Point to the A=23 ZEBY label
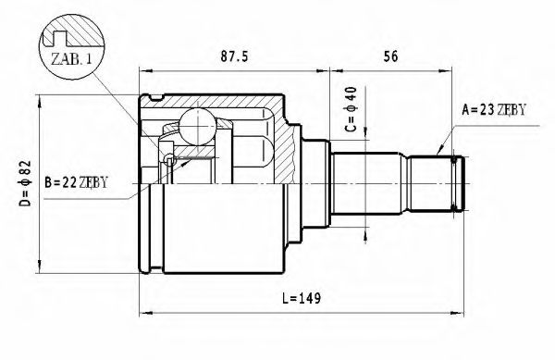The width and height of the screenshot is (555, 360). pos(493,110)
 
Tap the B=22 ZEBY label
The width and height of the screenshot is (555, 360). pos(75,180)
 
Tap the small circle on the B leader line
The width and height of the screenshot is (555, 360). pos(167,163)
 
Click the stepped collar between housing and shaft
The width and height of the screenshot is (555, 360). pos(313,180)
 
